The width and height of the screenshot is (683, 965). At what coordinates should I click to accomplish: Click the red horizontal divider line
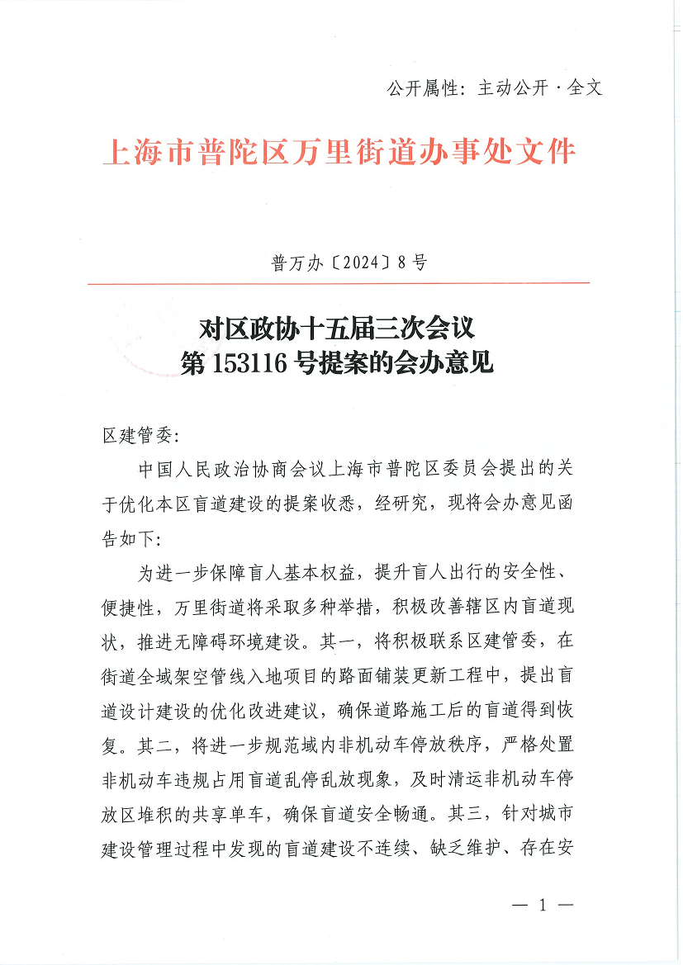[x=339, y=283]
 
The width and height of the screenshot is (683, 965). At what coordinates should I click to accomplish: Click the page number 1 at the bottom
[x=542, y=905]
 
